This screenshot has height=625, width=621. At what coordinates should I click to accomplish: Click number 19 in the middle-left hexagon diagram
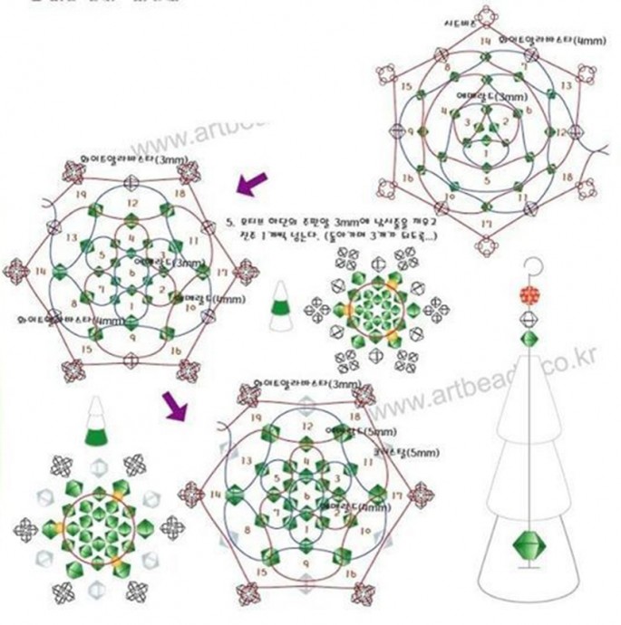click(81, 194)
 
